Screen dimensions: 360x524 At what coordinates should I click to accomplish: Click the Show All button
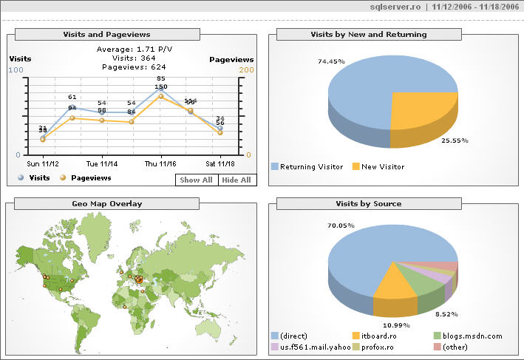197,180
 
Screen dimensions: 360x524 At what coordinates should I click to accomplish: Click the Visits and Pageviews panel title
106,34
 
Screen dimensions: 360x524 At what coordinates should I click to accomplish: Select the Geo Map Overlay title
106,203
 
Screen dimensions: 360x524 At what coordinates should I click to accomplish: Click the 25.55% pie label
454,140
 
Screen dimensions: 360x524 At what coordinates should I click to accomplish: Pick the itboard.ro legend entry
381,336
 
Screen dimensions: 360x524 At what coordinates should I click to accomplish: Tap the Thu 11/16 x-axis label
160,163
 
